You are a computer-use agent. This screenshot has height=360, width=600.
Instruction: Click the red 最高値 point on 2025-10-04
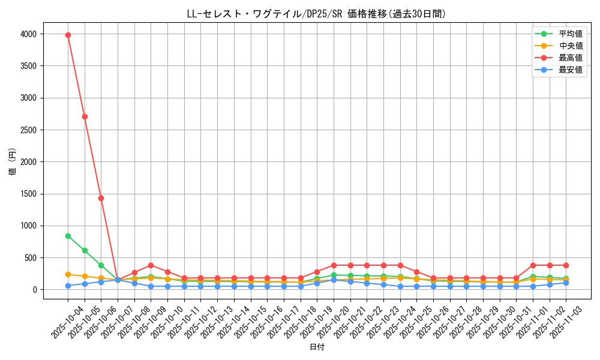point(68,35)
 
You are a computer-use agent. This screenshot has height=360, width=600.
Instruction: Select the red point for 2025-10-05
point(85,116)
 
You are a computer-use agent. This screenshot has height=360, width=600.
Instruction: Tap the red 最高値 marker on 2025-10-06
point(101,198)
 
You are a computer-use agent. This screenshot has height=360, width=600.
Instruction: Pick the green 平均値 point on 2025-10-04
point(68,236)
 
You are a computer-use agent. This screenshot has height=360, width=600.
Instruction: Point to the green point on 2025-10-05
point(85,250)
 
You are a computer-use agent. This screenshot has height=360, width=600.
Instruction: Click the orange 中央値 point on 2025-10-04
point(68,274)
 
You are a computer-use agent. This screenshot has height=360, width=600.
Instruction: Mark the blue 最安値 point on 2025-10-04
point(68,286)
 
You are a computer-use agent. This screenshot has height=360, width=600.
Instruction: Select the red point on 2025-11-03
point(566,265)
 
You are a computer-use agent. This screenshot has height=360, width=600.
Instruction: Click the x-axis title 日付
point(317,347)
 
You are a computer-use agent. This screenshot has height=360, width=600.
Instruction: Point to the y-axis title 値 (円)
point(12,162)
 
